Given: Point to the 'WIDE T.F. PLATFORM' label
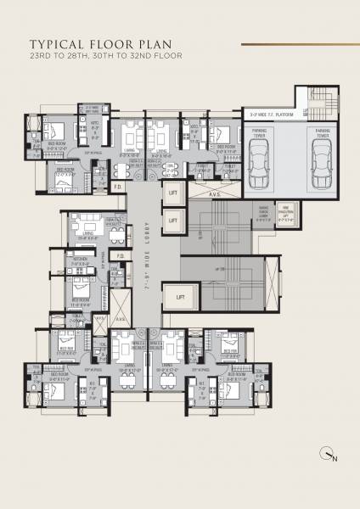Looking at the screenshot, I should click(x=271, y=111).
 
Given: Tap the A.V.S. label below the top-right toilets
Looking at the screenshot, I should click(x=216, y=194).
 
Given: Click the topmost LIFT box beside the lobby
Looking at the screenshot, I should click(x=172, y=193).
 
